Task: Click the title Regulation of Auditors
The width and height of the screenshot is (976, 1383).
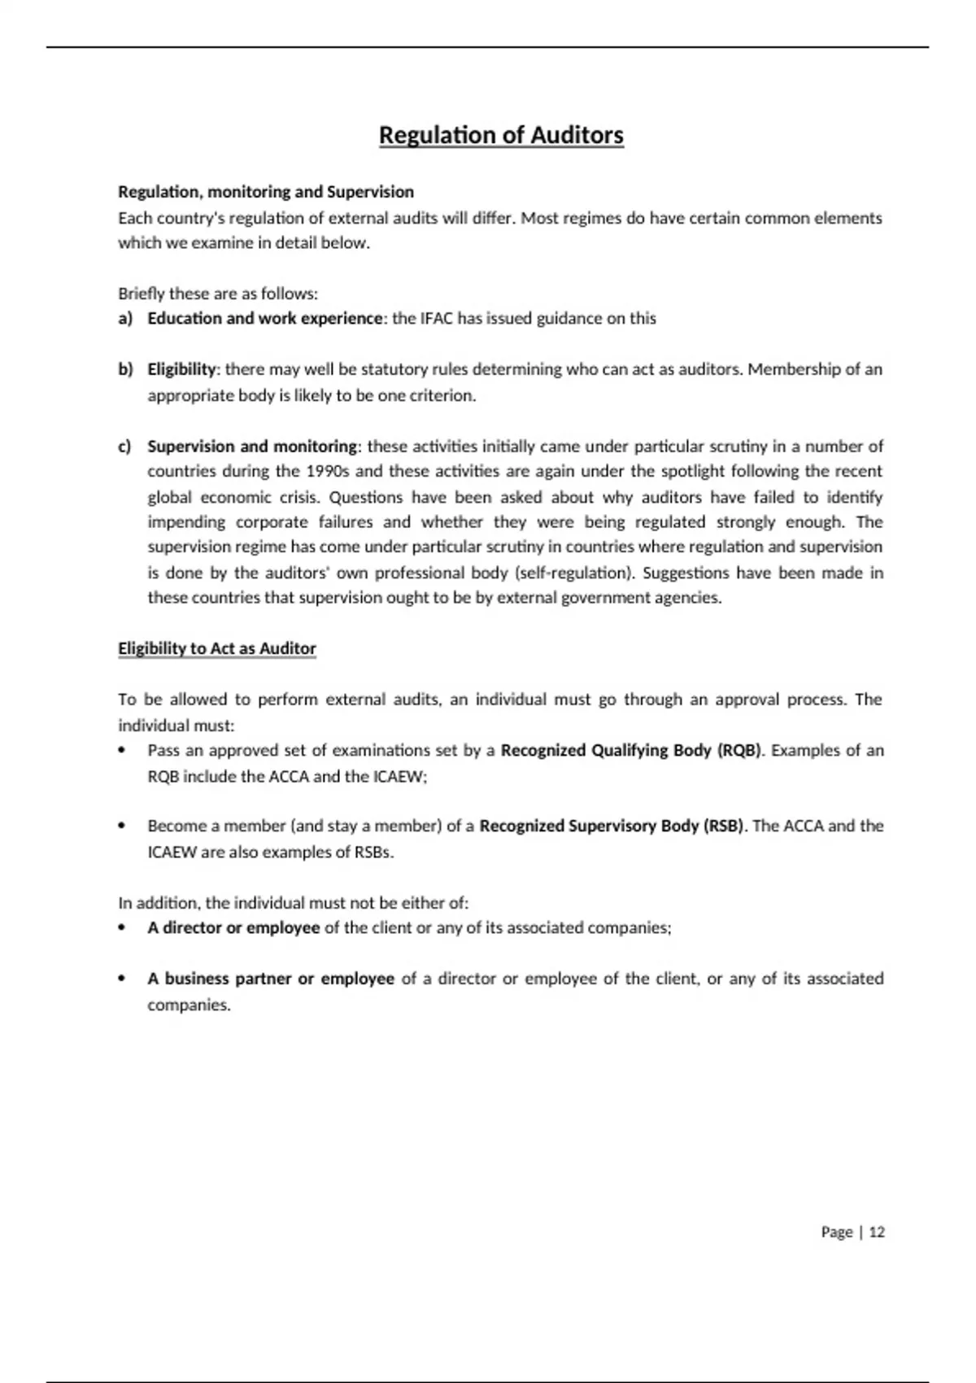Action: pos(501,135)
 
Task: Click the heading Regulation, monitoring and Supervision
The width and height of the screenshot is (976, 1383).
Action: pos(266,192)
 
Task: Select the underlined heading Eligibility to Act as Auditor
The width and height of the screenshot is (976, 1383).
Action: pos(217,648)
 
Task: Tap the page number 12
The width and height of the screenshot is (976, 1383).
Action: pos(877,1232)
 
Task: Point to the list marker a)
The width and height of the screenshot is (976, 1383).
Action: pos(125,318)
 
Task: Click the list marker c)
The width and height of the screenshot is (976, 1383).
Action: pos(125,446)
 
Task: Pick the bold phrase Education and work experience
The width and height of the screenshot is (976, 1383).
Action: pos(264,318)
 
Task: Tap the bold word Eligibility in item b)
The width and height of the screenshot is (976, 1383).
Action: pos(181,369)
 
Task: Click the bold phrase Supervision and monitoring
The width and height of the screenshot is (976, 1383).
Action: pos(252,446)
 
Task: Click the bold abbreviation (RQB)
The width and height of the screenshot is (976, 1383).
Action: pos(739,750)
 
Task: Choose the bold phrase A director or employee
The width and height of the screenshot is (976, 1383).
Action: pos(233,927)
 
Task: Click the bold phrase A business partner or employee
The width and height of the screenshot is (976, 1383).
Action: pos(271,979)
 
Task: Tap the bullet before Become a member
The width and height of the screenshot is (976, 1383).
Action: pos(122,826)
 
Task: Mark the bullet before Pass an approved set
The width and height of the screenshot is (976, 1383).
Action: pos(122,750)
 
